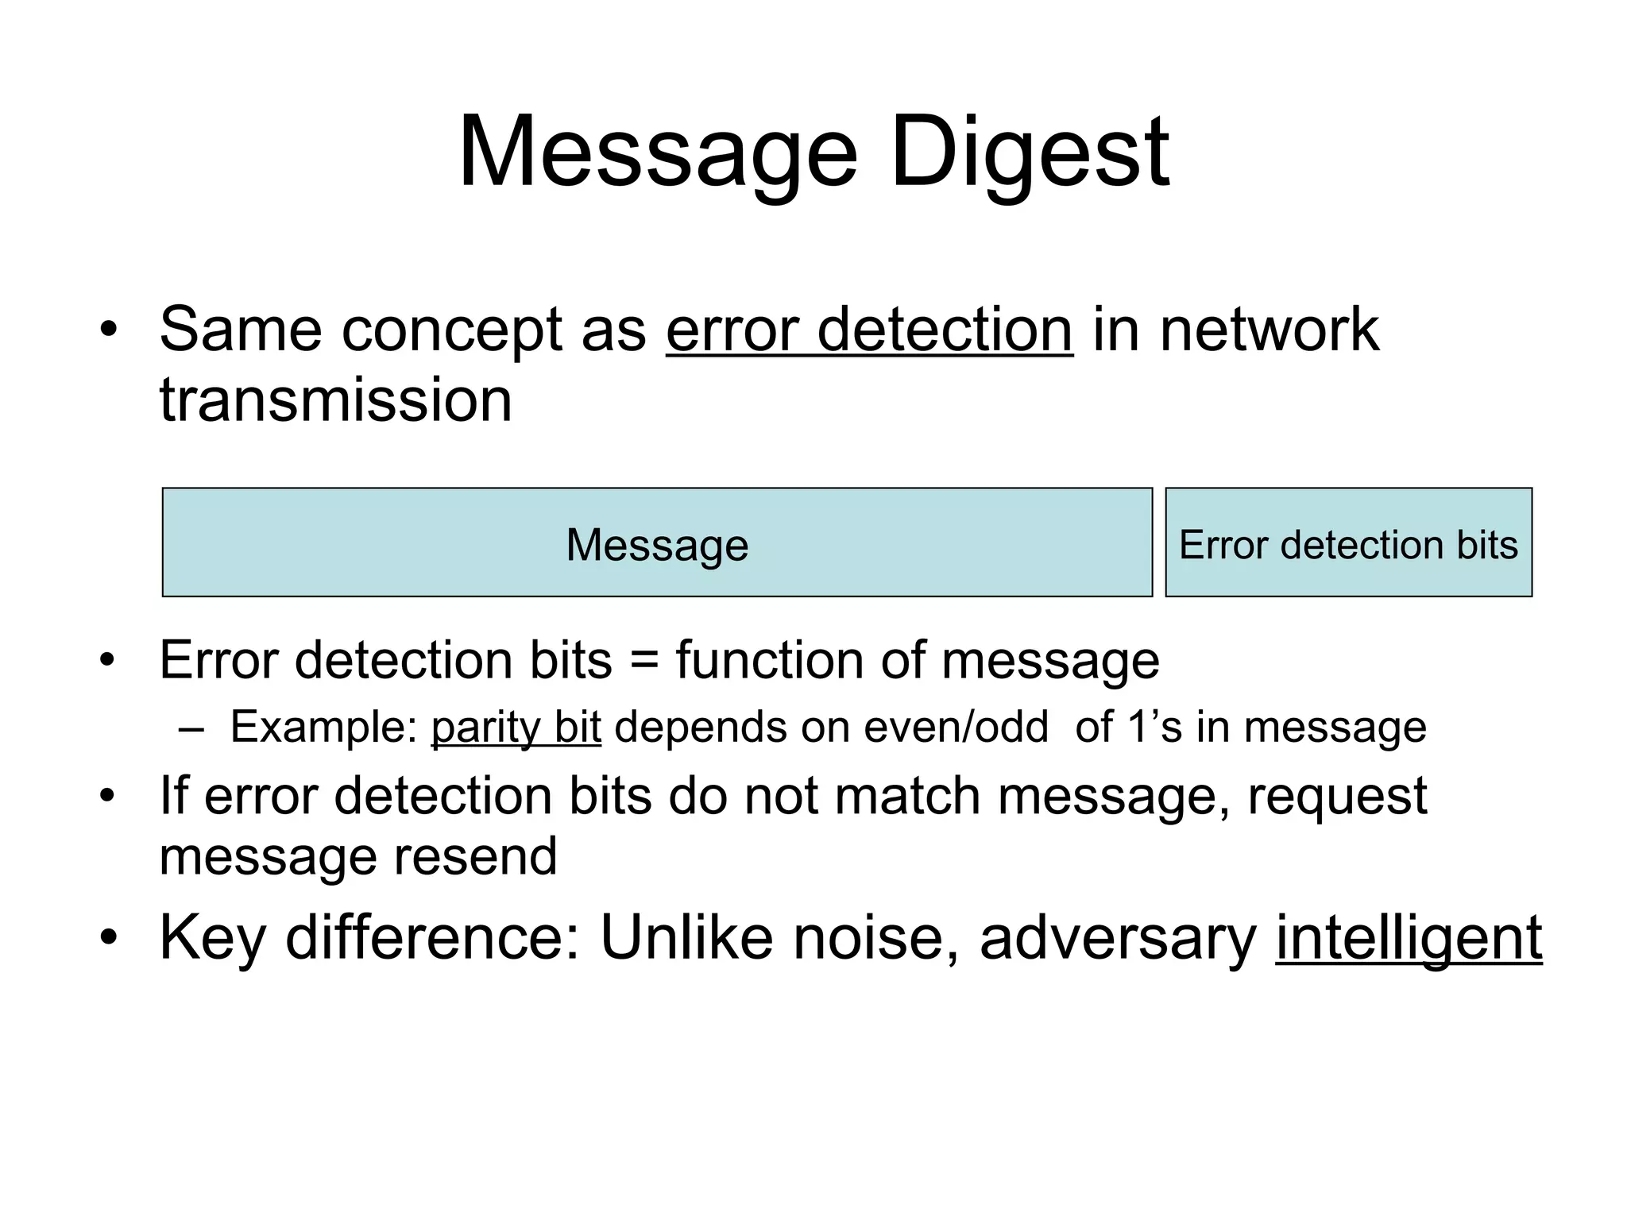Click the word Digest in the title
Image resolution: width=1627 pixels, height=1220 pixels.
[x=1030, y=152]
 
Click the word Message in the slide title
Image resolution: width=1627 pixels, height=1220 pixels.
[x=658, y=152]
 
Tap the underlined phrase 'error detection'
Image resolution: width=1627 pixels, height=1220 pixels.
[x=869, y=330]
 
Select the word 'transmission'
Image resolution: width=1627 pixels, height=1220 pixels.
[x=335, y=400]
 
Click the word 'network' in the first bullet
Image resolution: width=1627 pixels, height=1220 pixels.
[x=1269, y=330]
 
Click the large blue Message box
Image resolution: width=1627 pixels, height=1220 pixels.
[x=657, y=542]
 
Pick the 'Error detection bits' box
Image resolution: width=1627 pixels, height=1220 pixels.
[x=1348, y=542]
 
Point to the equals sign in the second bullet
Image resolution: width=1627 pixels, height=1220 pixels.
[x=643, y=661]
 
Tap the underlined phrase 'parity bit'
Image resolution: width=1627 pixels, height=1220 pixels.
[x=516, y=727]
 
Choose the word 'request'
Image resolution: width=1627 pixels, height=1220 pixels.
[x=1337, y=797]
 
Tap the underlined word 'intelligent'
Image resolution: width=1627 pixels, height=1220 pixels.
[x=1409, y=939]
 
